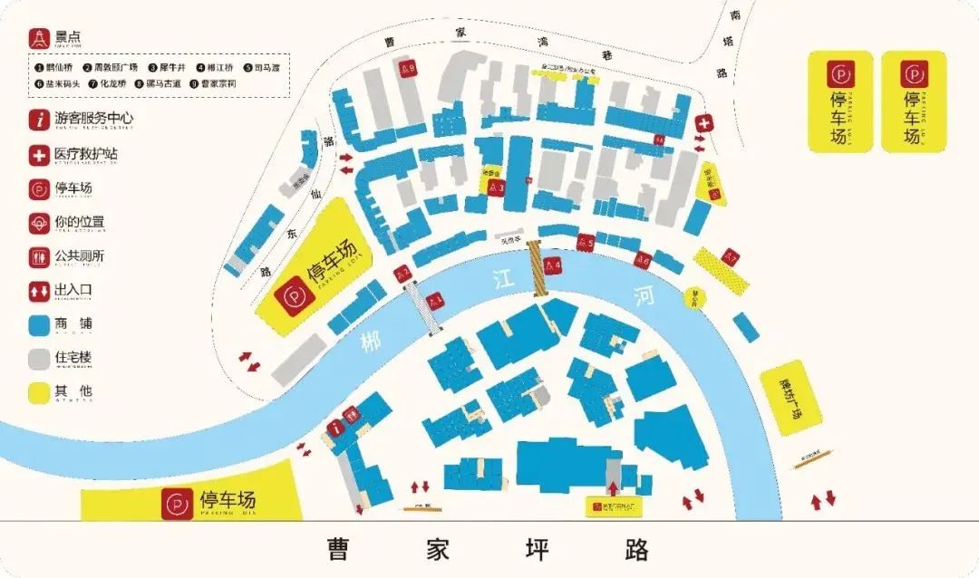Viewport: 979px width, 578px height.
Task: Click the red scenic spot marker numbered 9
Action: pos(408,68)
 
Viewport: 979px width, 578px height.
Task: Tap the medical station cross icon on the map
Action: pos(703,122)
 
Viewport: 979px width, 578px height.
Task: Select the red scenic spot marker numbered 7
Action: pos(731,257)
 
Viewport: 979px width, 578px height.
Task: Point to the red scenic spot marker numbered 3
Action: pos(496,187)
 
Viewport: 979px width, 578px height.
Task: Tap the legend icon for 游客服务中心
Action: pos(39,119)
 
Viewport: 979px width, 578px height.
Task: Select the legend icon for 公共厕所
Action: pos(39,256)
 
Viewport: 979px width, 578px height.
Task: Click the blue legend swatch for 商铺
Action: pos(39,324)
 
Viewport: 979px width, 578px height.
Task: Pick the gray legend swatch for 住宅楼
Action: pos(39,359)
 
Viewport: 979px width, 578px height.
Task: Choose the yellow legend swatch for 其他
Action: pos(39,393)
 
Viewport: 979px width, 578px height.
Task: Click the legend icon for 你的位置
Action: pos(39,222)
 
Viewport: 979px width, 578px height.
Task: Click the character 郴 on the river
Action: pos(370,343)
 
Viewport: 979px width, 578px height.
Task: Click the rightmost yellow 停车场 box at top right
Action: pos(913,100)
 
